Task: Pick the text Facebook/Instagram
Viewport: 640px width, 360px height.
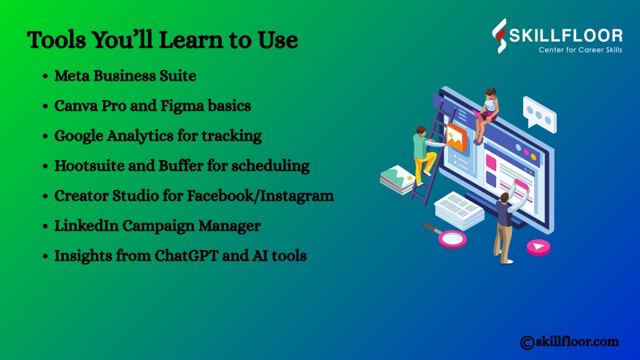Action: (261, 196)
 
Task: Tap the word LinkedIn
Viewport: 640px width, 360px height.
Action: (86, 226)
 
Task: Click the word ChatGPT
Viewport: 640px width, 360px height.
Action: (186, 256)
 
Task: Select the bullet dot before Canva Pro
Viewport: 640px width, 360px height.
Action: (45, 106)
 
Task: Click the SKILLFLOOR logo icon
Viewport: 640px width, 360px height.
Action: (499, 36)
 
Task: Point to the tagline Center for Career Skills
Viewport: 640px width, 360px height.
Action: (580, 50)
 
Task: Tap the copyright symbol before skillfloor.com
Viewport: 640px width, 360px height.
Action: (527, 342)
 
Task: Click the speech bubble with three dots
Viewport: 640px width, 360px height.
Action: (539, 115)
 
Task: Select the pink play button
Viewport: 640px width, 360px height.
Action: (538, 247)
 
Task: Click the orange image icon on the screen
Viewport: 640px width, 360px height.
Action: (456, 137)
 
